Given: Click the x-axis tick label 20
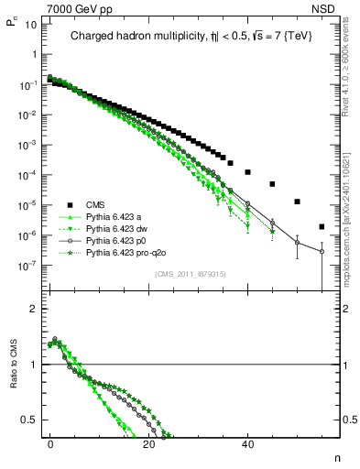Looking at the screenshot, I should (148, 442).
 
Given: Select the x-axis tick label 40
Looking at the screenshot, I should (247, 442).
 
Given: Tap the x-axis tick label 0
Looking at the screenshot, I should (50, 442).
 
